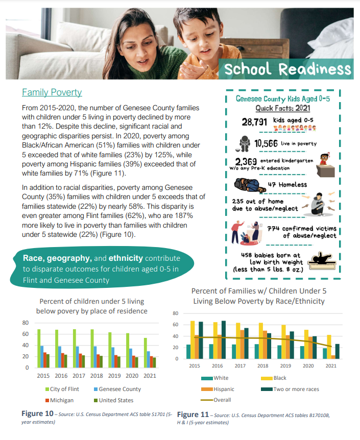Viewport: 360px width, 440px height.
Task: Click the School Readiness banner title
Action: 287,69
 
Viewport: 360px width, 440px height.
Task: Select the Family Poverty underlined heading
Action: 52,92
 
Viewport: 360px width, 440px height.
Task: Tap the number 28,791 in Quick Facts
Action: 258,122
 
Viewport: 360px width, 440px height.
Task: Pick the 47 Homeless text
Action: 287,184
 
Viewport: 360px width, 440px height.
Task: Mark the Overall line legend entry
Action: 218,400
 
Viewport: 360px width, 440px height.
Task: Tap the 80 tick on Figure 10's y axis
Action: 25,323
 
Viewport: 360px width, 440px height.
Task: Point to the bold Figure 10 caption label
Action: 37,412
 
